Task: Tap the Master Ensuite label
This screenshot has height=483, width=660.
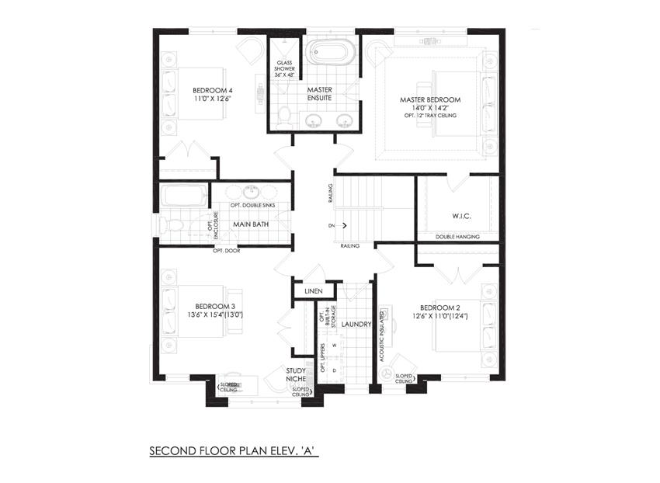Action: point(319,95)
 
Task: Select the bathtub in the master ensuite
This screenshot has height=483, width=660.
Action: point(330,53)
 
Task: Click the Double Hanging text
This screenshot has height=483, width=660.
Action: point(457,237)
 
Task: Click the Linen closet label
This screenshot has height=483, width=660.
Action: point(313,291)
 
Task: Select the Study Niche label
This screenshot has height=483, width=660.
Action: point(294,376)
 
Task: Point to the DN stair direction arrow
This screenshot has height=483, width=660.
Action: point(342,226)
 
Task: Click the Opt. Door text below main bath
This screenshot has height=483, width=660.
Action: point(228,251)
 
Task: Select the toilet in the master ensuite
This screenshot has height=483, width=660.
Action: point(284,116)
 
